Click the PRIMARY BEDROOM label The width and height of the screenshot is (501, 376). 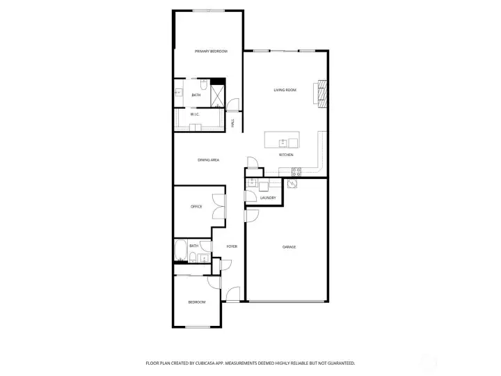tap(211, 51)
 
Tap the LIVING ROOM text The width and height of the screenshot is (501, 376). tap(285, 90)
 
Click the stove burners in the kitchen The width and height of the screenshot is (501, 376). tap(296, 171)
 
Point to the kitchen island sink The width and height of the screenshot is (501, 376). tap(283, 143)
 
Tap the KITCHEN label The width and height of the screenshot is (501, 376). tap(286, 155)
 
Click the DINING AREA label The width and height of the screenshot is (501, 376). tap(209, 160)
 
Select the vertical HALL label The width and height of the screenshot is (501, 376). tap(232, 123)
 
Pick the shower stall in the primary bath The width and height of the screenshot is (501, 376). tap(218, 94)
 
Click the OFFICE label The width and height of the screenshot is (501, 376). tap(196, 206)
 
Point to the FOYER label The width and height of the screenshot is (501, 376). tap(231, 246)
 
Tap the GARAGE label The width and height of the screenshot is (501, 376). tap(289, 246)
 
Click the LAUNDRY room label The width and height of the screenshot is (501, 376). tap(268, 198)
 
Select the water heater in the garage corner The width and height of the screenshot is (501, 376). tap(292, 185)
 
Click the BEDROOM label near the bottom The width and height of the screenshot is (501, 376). tap(197, 301)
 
